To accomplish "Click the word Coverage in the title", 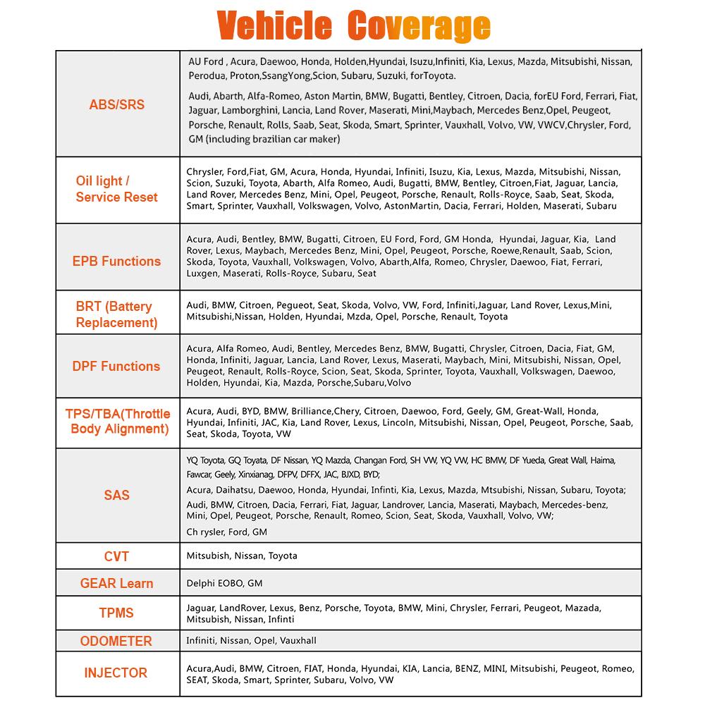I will pos(419,25).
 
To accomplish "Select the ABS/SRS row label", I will pos(116,104).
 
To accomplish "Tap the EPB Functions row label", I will pos(116,261).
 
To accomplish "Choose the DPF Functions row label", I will pos(116,366).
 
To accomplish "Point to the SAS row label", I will pos(116,495).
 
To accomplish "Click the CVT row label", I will pos(116,557).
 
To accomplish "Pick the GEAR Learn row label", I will pos(116,584).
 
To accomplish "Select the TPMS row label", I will pos(116,613).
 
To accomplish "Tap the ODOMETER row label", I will pos(116,641).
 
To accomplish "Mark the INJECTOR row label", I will pos(116,673).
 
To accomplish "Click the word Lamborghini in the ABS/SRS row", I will pos(250,111).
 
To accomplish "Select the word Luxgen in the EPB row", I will pos(202,274).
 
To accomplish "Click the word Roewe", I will pos(503,250).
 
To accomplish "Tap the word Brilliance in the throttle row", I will pos(311,412).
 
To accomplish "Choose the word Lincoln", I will pos(398,423).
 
